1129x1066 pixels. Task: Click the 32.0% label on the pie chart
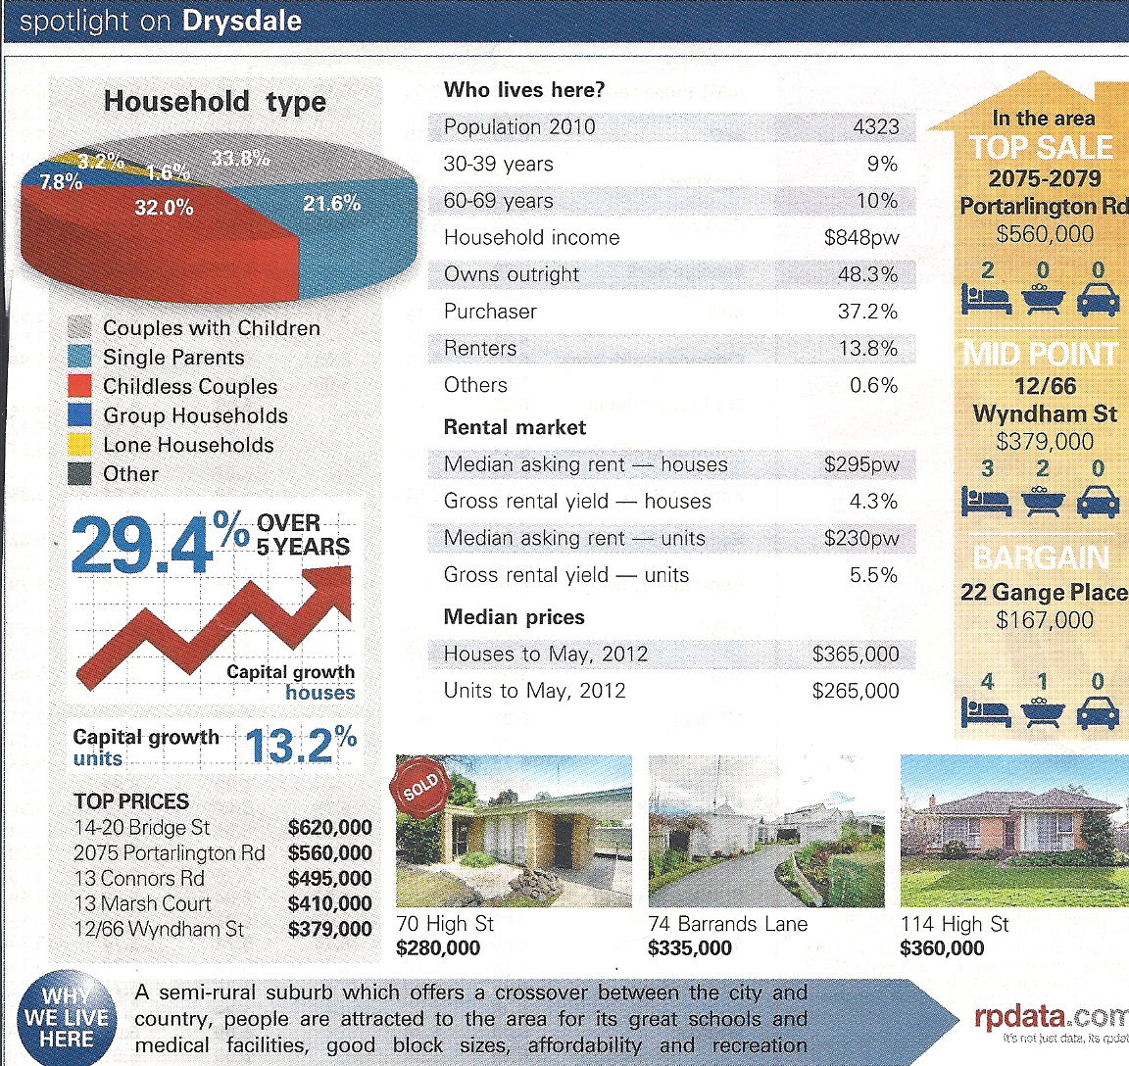click(x=164, y=208)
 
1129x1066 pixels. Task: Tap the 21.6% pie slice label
click(x=331, y=204)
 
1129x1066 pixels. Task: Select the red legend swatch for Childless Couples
click(x=82, y=386)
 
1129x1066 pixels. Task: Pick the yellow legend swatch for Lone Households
click(x=82, y=444)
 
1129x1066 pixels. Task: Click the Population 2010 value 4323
click(x=875, y=127)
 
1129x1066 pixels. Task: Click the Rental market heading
click(x=515, y=427)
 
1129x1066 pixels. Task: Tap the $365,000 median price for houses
click(x=855, y=654)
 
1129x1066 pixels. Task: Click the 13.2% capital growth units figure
click(x=299, y=746)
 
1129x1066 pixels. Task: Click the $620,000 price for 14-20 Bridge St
click(x=329, y=828)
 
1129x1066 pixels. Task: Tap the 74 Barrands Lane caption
click(x=727, y=924)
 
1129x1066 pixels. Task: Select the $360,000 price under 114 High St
click(x=941, y=948)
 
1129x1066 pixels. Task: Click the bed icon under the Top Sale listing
click(x=986, y=300)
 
